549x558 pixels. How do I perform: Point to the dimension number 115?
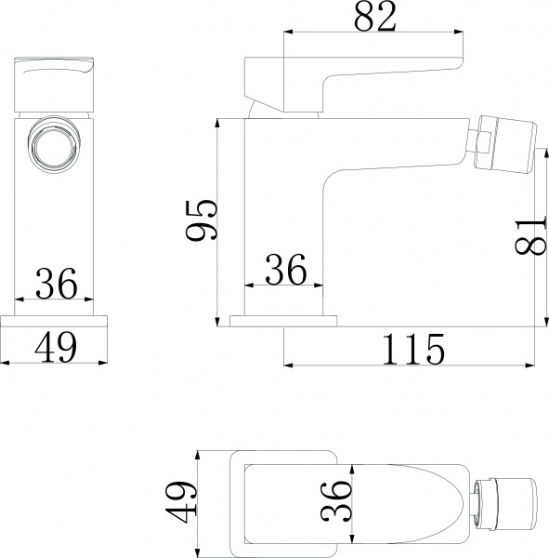(x=412, y=349)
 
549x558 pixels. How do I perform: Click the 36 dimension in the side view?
(x=285, y=271)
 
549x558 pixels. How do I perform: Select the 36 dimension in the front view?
(x=55, y=284)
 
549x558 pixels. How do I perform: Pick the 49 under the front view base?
(x=55, y=347)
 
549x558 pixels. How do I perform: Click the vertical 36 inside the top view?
(x=340, y=503)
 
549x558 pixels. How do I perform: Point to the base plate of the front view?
(x=55, y=321)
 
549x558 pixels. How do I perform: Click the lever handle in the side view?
(x=353, y=75)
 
